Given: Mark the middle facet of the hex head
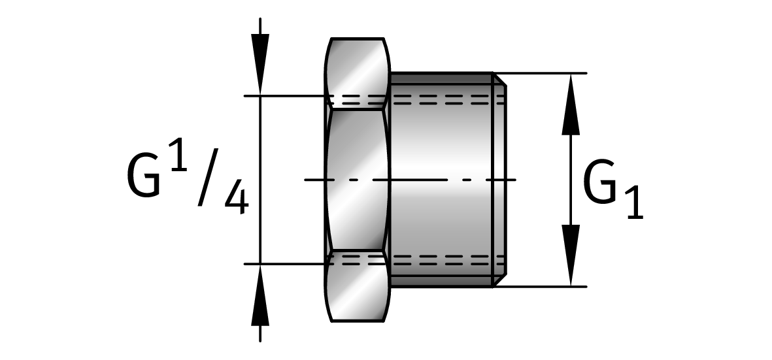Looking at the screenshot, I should [x=358, y=180].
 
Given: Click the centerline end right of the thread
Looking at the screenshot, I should [x=509, y=179].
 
